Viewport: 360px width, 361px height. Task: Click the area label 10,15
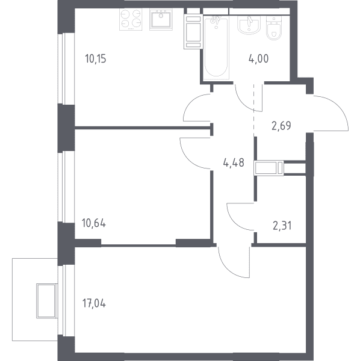pos(96,59)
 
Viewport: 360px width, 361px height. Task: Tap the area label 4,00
pos(258,59)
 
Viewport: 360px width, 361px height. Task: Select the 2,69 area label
pos(281,126)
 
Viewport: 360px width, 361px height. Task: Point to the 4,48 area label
pos(234,162)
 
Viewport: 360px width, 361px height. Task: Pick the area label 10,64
pos(94,223)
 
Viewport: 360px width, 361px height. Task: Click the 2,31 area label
pos(282,226)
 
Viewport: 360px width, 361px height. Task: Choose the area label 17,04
pos(94,303)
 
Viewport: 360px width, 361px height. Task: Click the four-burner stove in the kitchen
pos(131,19)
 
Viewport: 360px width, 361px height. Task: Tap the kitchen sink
pos(161,19)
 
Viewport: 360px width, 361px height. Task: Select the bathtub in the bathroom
pos(216,47)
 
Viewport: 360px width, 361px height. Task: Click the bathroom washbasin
pos(249,25)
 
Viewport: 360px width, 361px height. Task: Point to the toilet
pos(274,28)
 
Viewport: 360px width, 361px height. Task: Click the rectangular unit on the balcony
pos(46,301)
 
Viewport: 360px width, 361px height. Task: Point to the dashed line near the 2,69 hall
pos(254,110)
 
